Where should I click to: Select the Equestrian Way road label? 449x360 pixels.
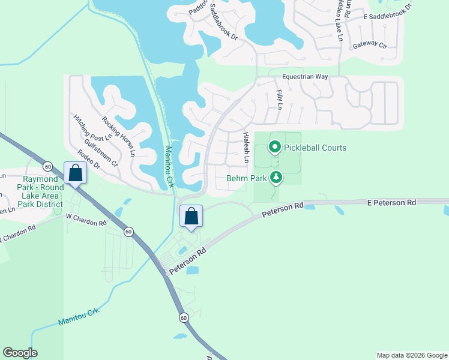306,77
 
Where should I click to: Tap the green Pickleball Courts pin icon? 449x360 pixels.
274,146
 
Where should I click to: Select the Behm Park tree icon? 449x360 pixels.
276,177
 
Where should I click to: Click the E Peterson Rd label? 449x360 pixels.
391,203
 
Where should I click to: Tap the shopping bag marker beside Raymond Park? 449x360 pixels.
76,173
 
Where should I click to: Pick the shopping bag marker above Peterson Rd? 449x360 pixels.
191,216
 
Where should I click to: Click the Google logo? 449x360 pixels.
20,353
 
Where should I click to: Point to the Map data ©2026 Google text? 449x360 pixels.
411,355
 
